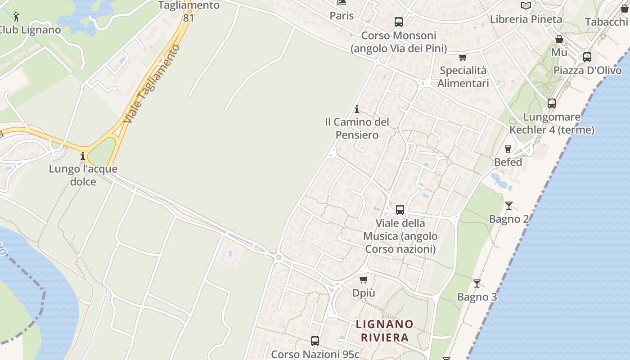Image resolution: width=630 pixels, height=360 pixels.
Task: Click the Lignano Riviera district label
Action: coord(384,331)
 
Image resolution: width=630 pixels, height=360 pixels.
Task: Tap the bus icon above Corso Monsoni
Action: coord(398,22)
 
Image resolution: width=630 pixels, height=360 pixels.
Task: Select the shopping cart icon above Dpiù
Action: coord(364,279)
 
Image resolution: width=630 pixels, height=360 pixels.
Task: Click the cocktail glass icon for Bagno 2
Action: coord(508,206)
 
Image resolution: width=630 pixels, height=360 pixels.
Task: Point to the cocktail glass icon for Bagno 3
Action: coord(477,283)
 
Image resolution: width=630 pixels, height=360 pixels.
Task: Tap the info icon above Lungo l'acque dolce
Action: coord(83,156)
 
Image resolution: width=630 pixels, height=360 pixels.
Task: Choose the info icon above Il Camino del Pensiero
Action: coord(357,109)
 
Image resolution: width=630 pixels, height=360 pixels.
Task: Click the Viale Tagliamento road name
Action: coord(151,84)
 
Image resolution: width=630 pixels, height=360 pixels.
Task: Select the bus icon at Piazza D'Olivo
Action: coord(587,57)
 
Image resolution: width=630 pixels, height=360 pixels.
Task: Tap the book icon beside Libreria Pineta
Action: coord(526,6)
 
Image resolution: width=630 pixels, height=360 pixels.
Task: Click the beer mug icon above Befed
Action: coord(508,148)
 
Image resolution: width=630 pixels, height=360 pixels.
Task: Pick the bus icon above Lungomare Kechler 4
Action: coord(552,103)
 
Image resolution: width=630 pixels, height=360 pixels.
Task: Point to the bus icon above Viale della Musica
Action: coord(400,210)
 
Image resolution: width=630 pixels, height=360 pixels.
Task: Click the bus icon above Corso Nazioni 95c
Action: coord(315,341)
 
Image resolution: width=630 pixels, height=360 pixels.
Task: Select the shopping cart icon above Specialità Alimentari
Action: coord(463,57)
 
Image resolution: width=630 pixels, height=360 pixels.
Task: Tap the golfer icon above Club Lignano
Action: coord(17,17)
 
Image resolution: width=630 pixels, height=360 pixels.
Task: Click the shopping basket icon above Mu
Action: coord(559,39)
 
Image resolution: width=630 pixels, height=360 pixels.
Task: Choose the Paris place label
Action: coord(342,16)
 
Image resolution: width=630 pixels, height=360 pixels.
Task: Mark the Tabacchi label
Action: coord(606,22)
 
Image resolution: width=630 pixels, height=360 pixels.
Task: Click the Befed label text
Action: coord(508,162)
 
